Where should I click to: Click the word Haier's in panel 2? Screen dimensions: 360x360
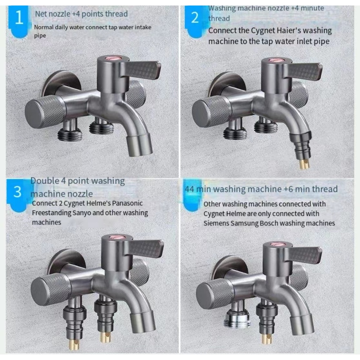(x=281, y=31)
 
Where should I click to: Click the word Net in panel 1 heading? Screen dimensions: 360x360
(x=41, y=14)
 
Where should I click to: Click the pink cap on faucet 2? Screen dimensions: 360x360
(x=274, y=60)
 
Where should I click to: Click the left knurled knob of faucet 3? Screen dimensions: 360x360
(x=51, y=290)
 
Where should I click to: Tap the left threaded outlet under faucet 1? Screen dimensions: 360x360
(x=70, y=135)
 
